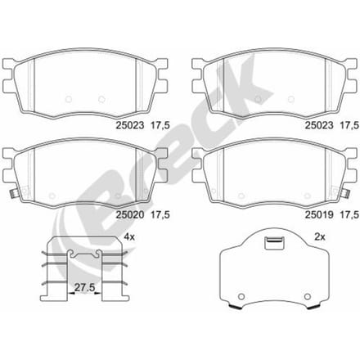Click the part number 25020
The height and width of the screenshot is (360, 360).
pos(130,214)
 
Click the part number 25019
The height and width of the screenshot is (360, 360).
pos(319,214)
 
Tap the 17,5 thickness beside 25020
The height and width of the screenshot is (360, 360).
pos(160,215)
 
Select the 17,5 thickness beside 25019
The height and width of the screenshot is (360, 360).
pos(349,215)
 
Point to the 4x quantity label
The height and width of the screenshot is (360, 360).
pos(129,236)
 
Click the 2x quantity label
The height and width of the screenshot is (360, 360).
pos(320,237)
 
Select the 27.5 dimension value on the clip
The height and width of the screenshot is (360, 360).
pos(84,287)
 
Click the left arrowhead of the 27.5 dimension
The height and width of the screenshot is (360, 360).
pos(70,294)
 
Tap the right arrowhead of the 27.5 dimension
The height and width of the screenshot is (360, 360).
pos(98,294)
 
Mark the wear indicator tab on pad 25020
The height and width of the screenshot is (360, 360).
pos(13,194)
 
